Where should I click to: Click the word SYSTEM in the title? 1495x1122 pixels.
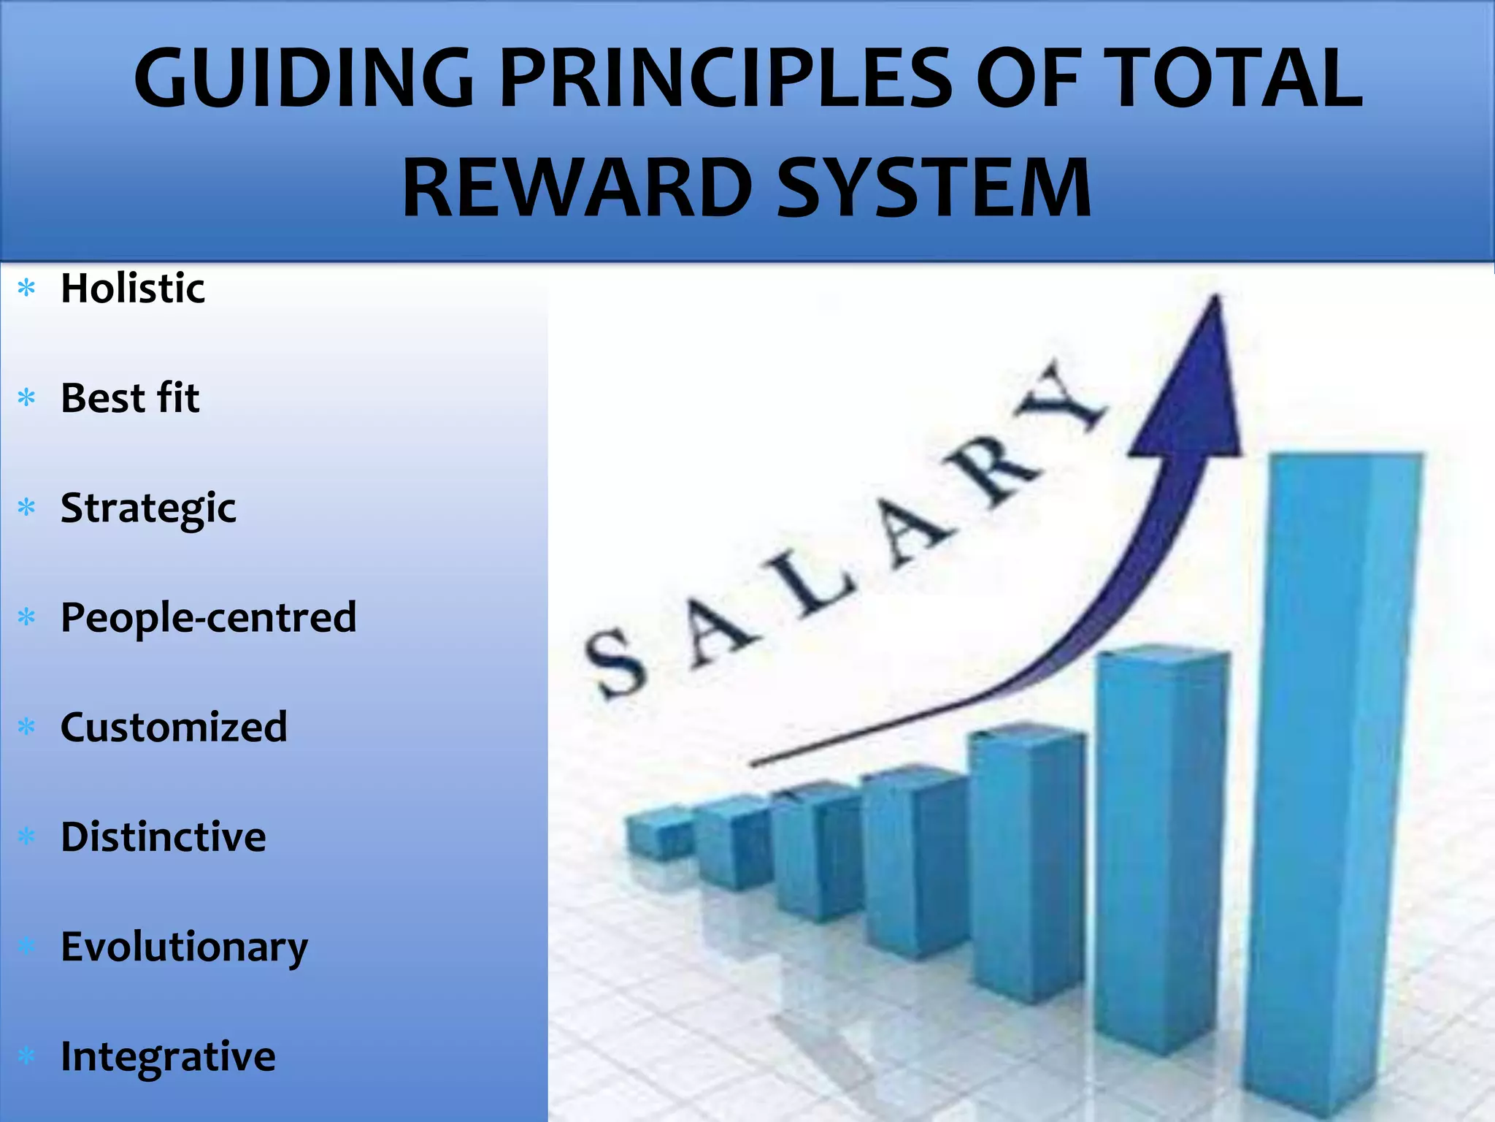pos(934,188)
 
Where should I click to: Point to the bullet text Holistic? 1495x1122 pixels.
pos(133,288)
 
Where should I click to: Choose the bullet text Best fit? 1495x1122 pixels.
pos(130,398)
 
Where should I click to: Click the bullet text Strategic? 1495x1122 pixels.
pos(148,508)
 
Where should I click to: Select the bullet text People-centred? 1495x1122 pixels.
pos(209,618)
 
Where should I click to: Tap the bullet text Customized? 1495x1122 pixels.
pos(174,728)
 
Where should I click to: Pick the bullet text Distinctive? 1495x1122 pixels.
pos(164,837)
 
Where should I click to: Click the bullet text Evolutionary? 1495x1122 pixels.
pos(184,947)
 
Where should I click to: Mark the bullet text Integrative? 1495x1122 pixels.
pos(168,1057)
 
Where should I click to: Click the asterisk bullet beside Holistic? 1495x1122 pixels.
pos(27,289)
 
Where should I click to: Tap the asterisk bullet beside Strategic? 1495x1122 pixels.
pos(27,508)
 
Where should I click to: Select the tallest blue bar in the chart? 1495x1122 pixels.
pos(1336,767)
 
